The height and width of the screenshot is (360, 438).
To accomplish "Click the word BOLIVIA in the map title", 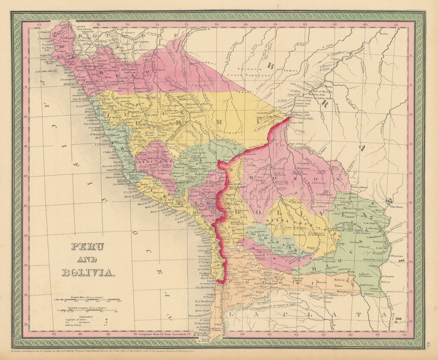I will [x=89, y=272].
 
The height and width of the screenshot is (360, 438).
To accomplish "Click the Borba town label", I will [x=384, y=33].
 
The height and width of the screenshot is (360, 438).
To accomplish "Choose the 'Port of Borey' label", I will [x=296, y=143].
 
